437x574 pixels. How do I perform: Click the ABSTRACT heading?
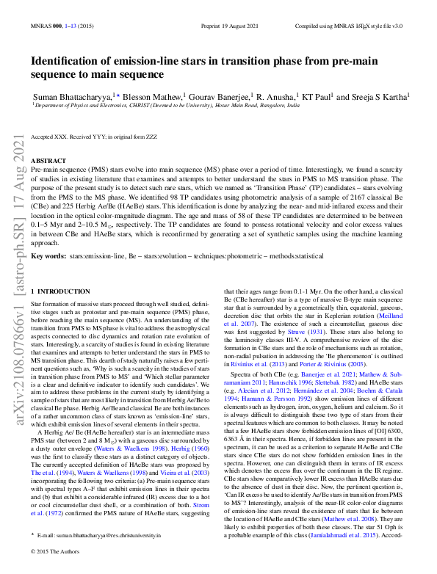49,160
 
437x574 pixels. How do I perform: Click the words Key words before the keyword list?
48,257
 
